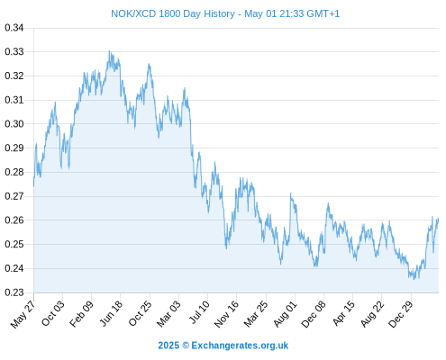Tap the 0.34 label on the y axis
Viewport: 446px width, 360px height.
[x=14, y=28]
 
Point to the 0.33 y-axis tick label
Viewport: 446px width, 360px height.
[x=14, y=51]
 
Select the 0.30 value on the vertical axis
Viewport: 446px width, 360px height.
[x=14, y=123]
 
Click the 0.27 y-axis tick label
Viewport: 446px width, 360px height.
[x=14, y=196]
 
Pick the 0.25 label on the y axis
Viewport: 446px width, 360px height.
[x=14, y=244]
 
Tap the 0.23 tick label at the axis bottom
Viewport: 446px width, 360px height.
[x=14, y=292]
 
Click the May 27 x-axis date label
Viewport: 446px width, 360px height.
[x=23, y=314]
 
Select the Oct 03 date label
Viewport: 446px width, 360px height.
[x=53, y=313]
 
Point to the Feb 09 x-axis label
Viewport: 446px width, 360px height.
[x=81, y=314]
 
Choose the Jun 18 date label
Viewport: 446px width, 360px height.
[x=111, y=313]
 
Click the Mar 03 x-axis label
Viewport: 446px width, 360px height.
[x=168, y=313]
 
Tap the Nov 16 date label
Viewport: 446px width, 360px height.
[x=226, y=314]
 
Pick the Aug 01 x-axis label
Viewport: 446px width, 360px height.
[x=285, y=314]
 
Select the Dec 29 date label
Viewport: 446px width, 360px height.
[x=401, y=314]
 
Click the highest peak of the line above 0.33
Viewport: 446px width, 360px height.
[x=109, y=50]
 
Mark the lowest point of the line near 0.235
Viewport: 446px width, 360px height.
[x=414, y=279]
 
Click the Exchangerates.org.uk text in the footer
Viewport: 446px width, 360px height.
[x=240, y=346]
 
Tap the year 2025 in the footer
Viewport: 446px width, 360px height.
[x=168, y=346]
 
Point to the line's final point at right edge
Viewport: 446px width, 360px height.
[x=438, y=219]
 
